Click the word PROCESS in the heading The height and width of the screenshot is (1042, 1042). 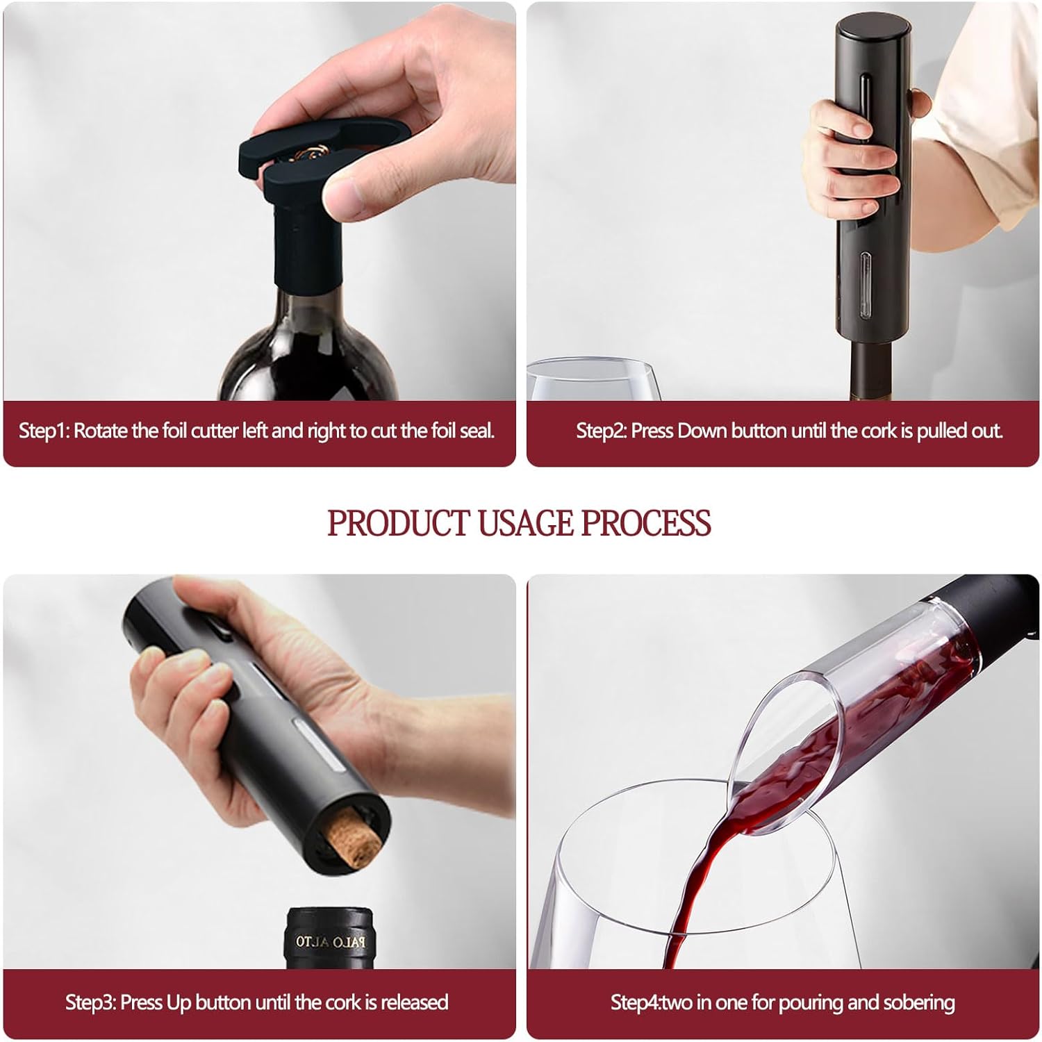click(x=645, y=523)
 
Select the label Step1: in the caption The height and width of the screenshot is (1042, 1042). click(x=43, y=431)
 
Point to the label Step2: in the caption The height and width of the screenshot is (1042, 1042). click(x=601, y=431)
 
